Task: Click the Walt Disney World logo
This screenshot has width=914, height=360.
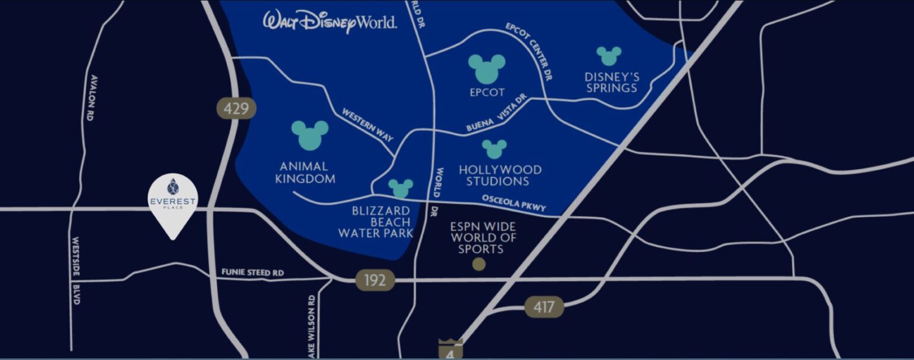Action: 330,21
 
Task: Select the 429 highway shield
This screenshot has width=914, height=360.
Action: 236,108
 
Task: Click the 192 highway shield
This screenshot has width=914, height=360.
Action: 375,280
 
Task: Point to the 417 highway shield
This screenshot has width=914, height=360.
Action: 544,308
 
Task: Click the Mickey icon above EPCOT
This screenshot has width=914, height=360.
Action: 486,68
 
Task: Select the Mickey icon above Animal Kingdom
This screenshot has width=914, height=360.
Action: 309,134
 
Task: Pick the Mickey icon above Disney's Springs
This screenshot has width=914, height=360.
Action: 609,56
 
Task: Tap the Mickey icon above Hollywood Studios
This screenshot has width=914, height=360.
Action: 494,149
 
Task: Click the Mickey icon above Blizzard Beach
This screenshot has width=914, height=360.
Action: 400,188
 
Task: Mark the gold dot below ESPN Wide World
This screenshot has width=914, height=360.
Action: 478,264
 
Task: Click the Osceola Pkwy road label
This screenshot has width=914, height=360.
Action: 514,203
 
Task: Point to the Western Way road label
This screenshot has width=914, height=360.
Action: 367,124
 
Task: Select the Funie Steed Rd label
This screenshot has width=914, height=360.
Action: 252,273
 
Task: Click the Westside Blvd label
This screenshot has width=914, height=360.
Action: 76,271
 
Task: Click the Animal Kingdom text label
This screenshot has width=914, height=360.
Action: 305,173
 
